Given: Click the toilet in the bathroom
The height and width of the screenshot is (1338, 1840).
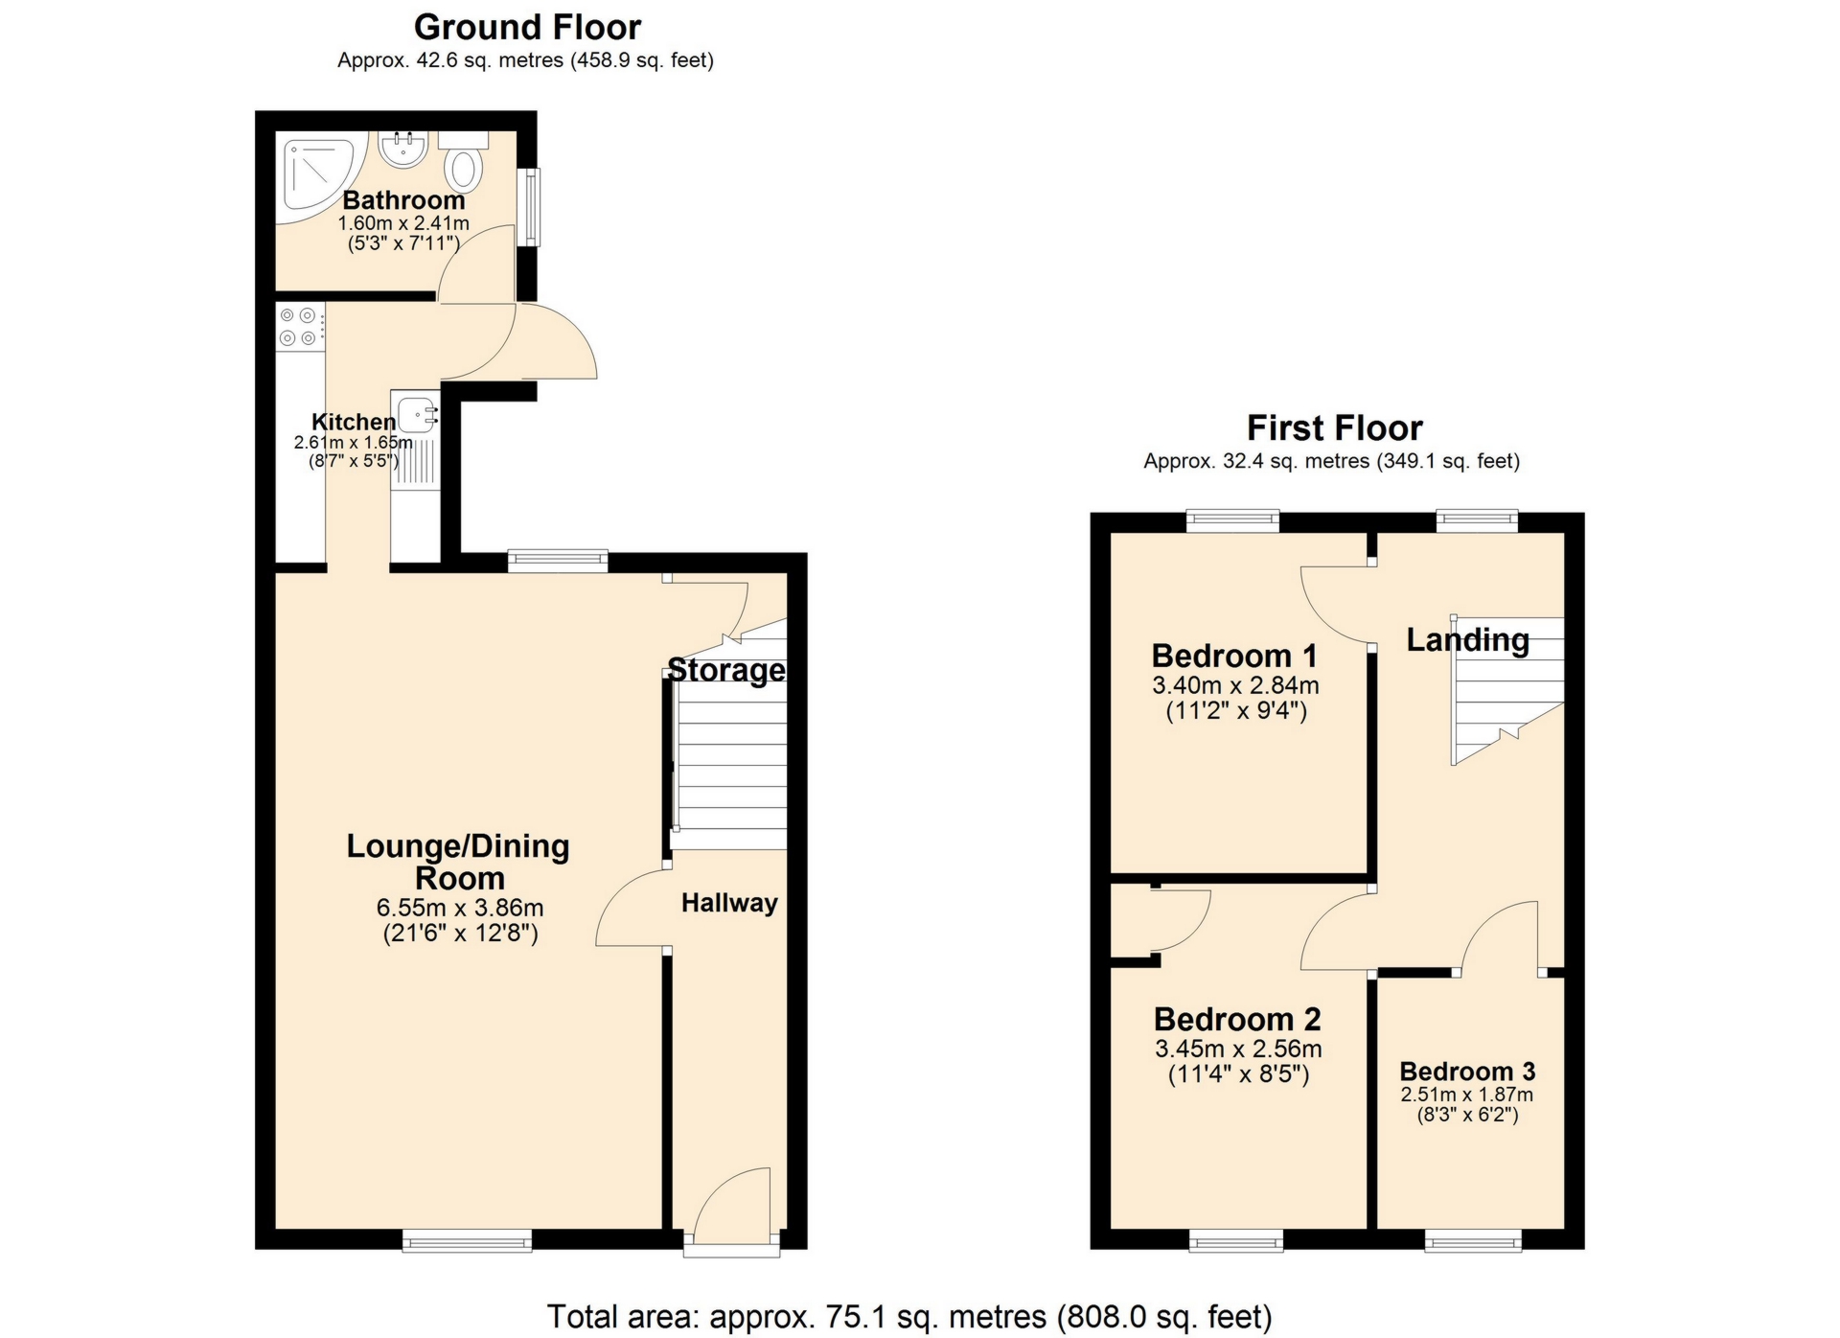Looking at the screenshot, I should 465,169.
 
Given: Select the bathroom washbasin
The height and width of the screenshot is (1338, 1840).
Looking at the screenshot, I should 402,150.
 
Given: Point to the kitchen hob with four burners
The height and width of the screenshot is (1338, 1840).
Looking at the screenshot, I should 298,326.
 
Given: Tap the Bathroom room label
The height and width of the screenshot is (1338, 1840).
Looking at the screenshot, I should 403,200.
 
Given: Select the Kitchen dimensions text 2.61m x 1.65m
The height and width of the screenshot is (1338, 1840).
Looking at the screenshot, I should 353,443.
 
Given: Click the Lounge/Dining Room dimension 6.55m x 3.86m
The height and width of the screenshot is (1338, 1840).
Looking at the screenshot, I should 460,907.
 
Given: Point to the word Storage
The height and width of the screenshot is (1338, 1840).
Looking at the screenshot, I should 726,670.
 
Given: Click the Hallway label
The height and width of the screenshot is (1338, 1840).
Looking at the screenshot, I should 729,903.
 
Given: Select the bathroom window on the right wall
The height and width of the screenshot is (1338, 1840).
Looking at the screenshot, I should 529,207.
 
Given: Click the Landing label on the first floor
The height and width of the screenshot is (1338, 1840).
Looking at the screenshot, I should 1467,639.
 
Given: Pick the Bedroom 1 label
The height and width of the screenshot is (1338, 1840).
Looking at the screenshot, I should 1234,657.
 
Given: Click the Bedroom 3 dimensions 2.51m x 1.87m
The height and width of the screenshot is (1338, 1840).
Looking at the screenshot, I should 1466,1095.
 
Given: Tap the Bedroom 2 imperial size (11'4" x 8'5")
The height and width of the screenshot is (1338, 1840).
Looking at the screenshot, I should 1238,1074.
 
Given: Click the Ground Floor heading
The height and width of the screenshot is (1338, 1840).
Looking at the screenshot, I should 527,27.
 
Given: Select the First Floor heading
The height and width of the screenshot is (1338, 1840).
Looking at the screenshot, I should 1334,427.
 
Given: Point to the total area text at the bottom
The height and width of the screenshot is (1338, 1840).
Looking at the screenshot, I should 909,1317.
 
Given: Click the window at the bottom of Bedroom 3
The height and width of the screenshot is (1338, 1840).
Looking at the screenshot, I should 1473,1242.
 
